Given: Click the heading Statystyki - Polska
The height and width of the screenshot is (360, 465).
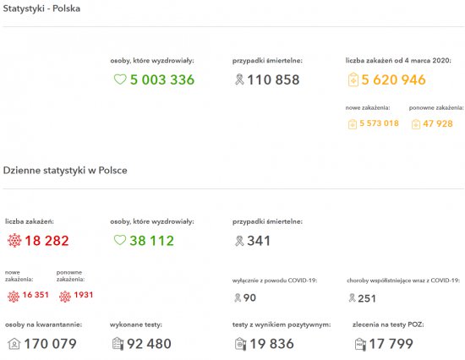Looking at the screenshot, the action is coord(41,8).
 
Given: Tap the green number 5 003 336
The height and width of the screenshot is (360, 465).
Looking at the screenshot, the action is coord(162,79).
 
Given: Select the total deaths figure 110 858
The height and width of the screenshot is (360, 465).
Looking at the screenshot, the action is coord(273,79).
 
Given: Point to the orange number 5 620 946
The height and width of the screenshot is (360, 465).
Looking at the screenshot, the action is coord(393,79).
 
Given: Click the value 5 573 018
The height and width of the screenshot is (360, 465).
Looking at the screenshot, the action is coord(379,123).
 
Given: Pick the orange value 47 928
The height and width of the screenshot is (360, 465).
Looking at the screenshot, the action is coord(438,123).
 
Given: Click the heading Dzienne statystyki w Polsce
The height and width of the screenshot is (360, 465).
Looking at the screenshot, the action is coord(65,170).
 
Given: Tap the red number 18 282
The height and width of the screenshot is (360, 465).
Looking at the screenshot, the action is coord(46,241).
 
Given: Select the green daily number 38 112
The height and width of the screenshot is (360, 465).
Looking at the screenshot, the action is coord(151,241).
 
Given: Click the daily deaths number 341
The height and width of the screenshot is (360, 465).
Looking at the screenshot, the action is coord(259,241).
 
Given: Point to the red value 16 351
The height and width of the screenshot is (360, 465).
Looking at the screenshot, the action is coord(36,295).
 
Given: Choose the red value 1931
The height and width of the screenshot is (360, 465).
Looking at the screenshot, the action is coord(84,295).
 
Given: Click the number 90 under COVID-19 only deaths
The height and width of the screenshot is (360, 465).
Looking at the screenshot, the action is coord(249,297).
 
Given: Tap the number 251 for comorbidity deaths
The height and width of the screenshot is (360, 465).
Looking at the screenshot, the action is coord(367,298).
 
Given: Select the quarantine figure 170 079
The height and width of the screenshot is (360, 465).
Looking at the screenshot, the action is coord(50,344).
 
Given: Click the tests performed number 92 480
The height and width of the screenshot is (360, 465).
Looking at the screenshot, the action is coord(149,344).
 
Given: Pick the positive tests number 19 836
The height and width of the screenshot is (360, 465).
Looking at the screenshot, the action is coord(271,344).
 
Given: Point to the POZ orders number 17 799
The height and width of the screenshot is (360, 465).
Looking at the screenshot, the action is coord(391,344).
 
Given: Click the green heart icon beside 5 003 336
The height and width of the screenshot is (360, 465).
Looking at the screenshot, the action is coord(120,79).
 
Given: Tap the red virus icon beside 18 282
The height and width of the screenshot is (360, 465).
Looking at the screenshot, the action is coord(14,241).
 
